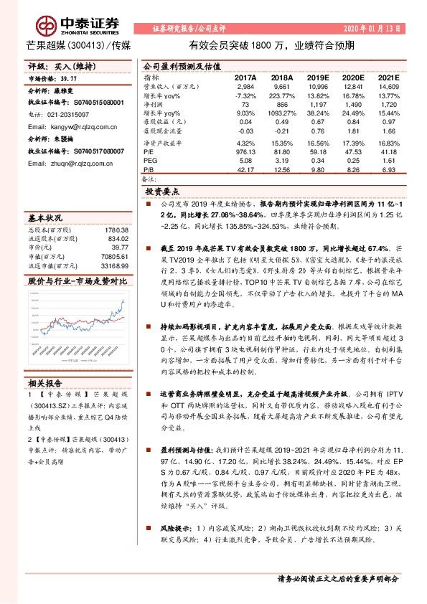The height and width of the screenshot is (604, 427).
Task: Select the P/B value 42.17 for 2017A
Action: coord(246,169)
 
